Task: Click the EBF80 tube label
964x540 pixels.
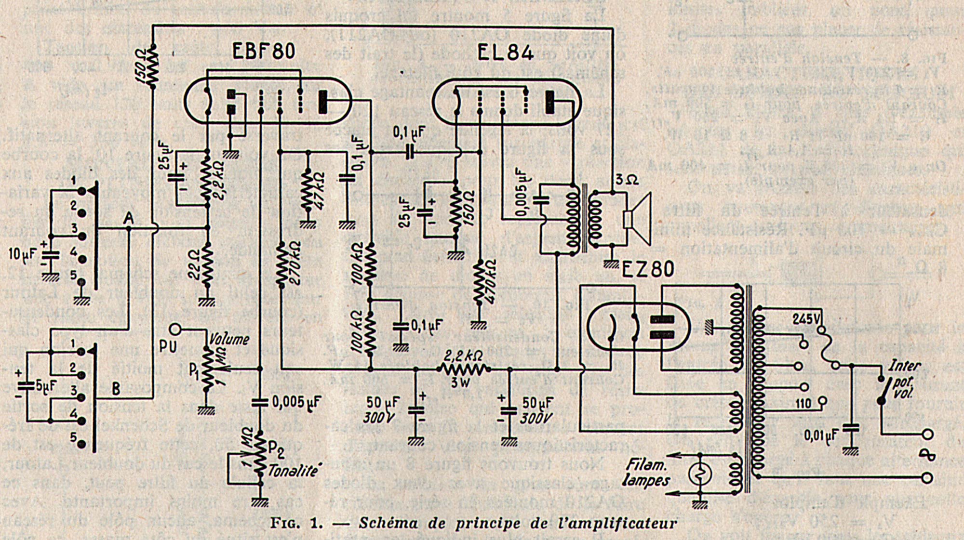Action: tap(263, 51)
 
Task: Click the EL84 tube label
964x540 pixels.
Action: tap(505, 53)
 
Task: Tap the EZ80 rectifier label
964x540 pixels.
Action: tap(648, 269)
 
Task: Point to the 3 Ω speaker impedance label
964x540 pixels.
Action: tap(627, 180)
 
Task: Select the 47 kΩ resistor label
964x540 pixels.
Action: tap(319, 191)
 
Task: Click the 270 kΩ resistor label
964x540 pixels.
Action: tap(295, 263)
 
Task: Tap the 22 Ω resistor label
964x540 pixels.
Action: tap(194, 264)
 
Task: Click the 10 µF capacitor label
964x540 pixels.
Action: tap(22, 253)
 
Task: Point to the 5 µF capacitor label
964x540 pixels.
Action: tap(46, 385)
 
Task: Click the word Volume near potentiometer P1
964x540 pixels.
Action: tap(229, 339)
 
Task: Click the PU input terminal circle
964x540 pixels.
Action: tap(175, 329)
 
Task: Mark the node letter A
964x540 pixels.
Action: tap(128, 218)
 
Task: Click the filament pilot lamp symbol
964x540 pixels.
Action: tap(700, 474)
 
